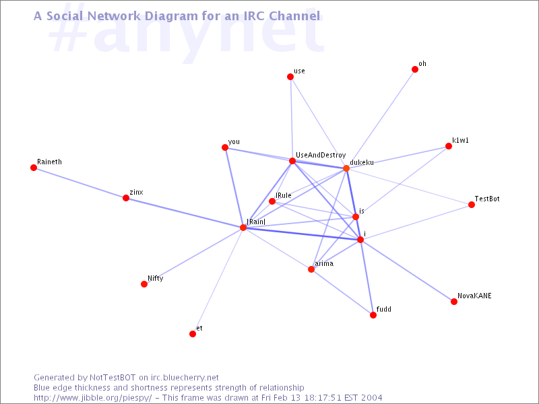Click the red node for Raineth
33,168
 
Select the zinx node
126,198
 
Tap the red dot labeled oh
415,69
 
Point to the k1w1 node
449,146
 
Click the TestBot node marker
472,205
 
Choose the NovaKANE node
454,302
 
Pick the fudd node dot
373,315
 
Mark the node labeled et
193,334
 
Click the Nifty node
144,284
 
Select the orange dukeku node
346,168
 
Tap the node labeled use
290,77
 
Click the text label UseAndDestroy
321,156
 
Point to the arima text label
324,263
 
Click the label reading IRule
283,195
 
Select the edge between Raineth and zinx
80,182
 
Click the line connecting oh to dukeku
381,119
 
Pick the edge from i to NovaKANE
407,271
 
